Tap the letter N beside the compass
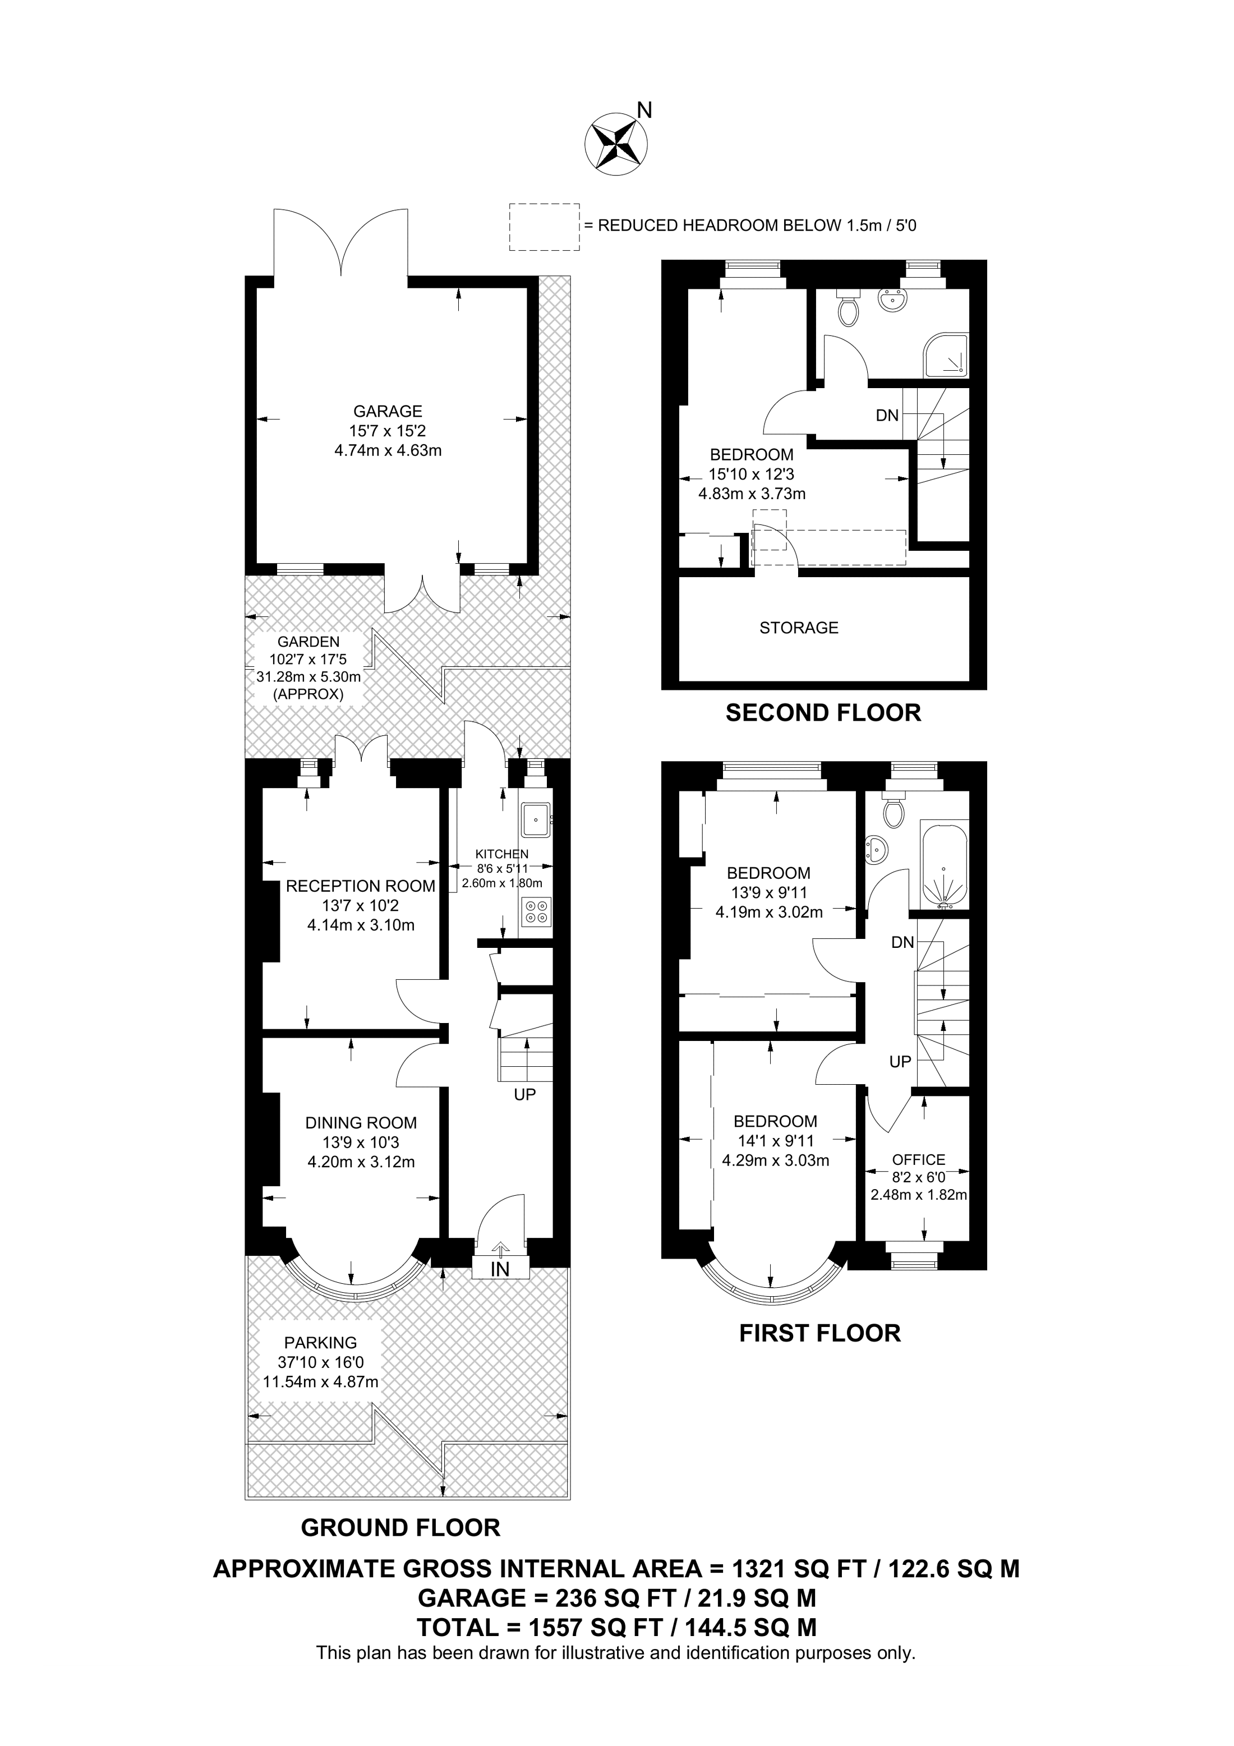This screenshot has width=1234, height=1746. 644,111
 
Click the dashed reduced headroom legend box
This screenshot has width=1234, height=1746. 544,227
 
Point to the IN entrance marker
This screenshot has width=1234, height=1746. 500,1269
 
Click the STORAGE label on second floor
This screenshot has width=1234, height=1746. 798,628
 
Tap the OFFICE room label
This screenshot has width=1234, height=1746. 918,1160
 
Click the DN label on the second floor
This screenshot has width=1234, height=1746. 887,415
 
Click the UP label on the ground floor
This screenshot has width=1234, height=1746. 524,1094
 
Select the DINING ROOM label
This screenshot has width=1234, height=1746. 361,1122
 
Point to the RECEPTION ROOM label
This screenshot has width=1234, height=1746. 361,886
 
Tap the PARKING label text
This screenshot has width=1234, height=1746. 320,1343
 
